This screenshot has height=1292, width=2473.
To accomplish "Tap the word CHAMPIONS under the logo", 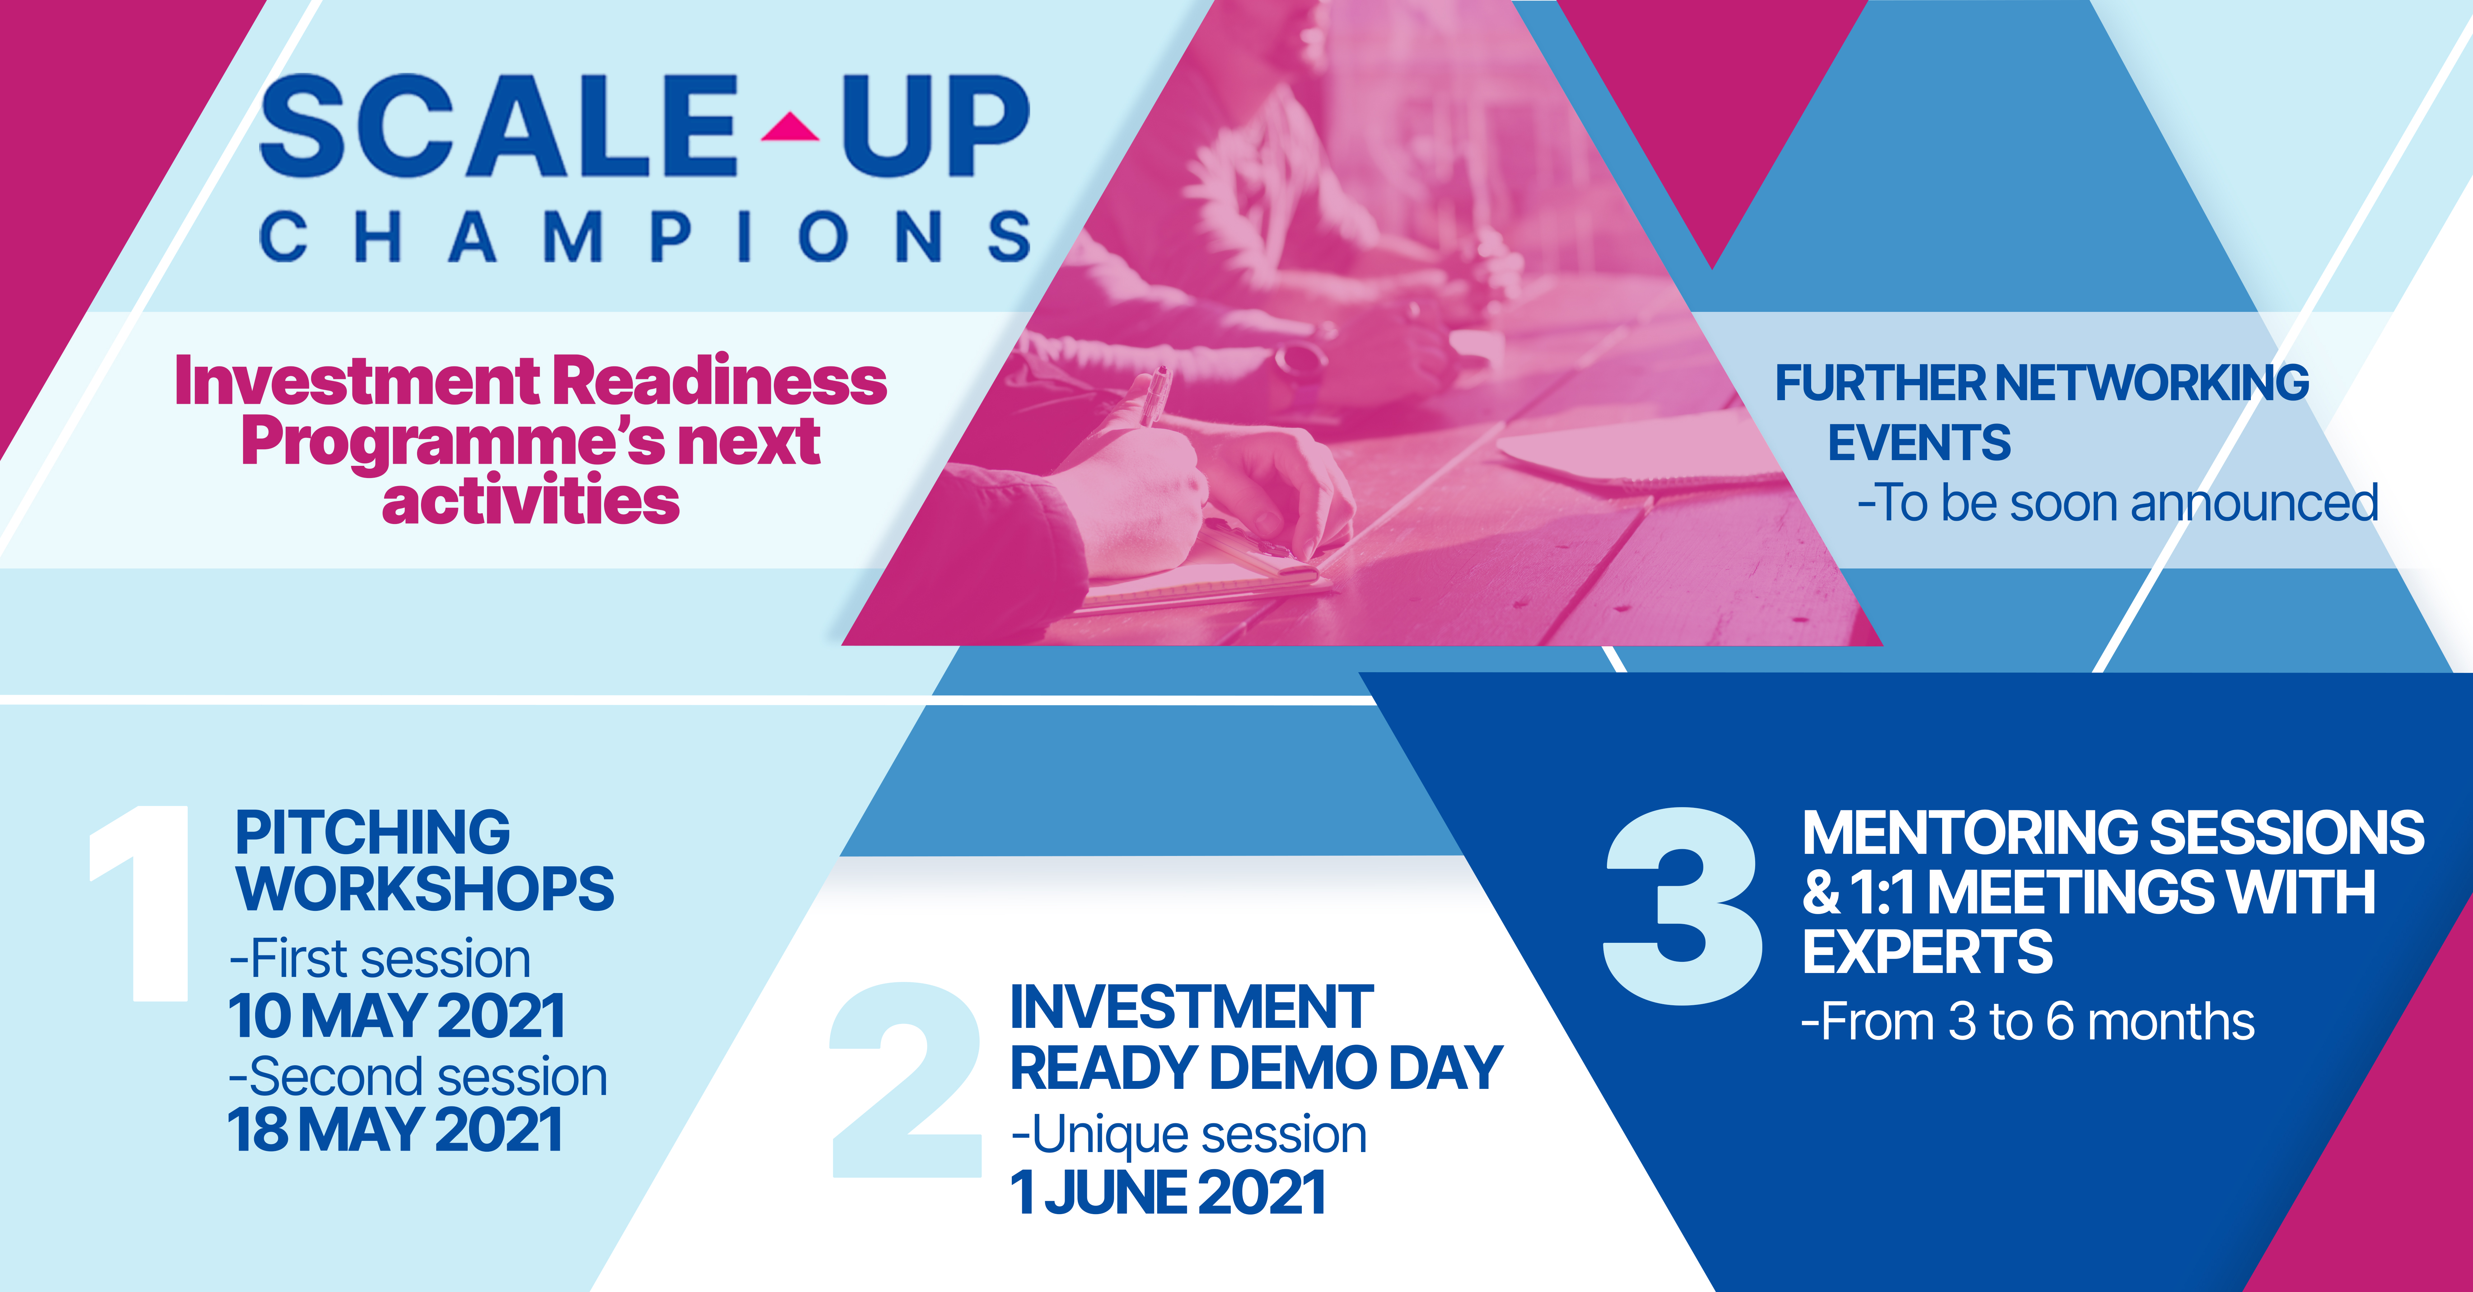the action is click(x=645, y=237).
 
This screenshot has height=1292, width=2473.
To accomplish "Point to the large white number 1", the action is click(x=142, y=902).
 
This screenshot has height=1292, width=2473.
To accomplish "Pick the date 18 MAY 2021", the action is click(x=394, y=1130).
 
